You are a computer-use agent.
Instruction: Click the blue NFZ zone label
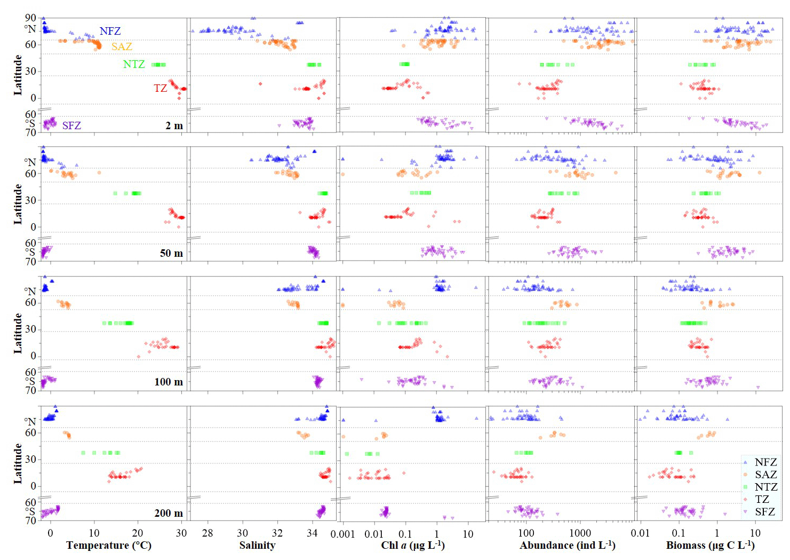pyautogui.click(x=110, y=31)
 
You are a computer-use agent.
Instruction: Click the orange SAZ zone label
pyautogui.click(x=122, y=46)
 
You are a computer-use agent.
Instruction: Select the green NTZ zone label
pyautogui.click(x=134, y=64)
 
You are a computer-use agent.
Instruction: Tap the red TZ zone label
pyautogui.click(x=161, y=88)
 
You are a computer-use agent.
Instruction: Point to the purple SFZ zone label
pyautogui.click(x=71, y=125)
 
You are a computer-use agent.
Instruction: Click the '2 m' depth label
pyautogui.click(x=174, y=126)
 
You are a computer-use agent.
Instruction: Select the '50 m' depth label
pyautogui.click(x=171, y=253)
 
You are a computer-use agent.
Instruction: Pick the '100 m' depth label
pyautogui.click(x=169, y=382)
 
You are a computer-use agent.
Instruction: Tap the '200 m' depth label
pyautogui.click(x=169, y=513)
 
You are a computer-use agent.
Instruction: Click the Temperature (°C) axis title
pyautogui.click(x=109, y=545)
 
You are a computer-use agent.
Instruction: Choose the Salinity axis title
pyautogui.click(x=257, y=545)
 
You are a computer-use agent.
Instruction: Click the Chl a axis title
pyautogui.click(x=413, y=545)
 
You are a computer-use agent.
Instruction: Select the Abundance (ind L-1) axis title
pyautogui.click(x=568, y=545)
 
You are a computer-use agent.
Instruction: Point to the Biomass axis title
pyautogui.click(x=710, y=545)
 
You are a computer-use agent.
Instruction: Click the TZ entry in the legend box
pyautogui.click(x=762, y=499)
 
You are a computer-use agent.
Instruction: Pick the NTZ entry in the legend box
pyautogui.click(x=766, y=487)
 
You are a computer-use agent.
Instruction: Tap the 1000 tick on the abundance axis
pyautogui.click(x=580, y=533)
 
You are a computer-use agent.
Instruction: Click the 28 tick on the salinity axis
pyautogui.click(x=208, y=533)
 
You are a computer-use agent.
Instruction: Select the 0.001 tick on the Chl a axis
pyautogui.click(x=342, y=533)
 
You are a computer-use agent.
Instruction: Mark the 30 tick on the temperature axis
pyautogui.click(x=181, y=533)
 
